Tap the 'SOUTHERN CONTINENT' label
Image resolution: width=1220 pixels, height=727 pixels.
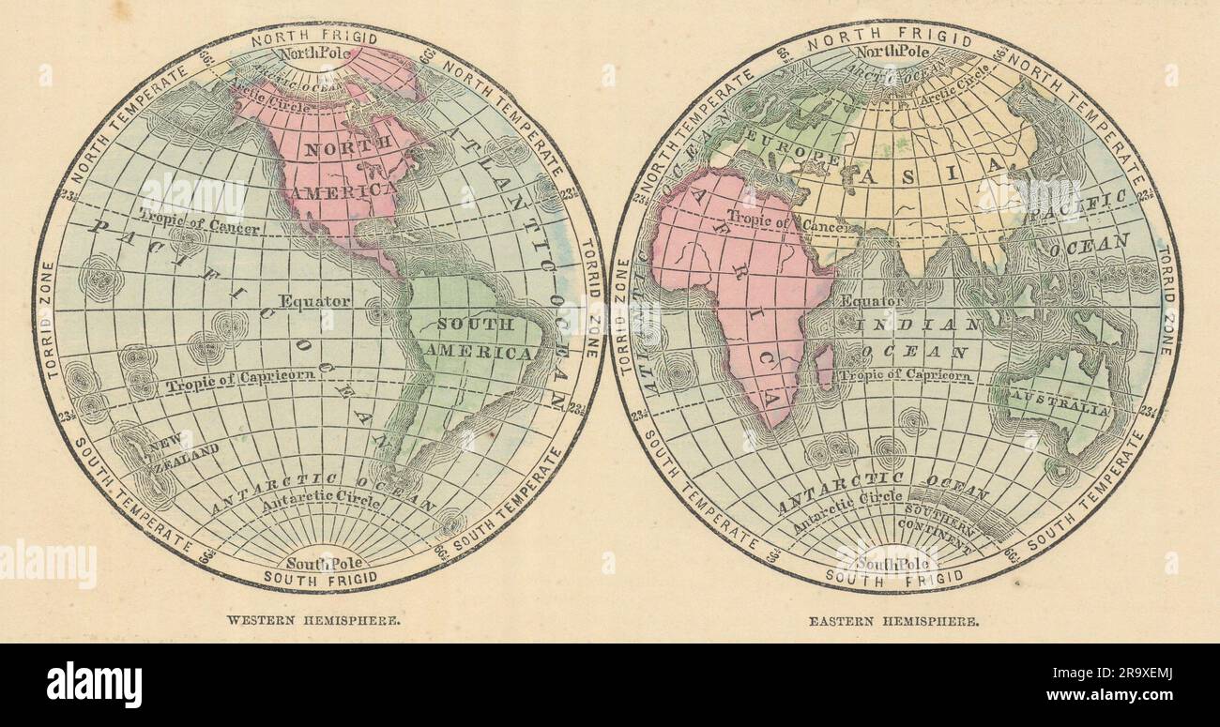(x=935, y=533)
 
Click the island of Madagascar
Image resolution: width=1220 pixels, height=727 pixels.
(x=824, y=366)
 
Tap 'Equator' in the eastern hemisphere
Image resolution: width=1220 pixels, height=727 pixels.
(x=872, y=301)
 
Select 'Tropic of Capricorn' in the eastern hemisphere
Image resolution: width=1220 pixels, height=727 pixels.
(x=905, y=375)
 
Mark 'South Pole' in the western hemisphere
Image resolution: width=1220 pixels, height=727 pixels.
(x=320, y=563)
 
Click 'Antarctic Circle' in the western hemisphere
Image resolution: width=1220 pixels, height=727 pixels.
(x=321, y=504)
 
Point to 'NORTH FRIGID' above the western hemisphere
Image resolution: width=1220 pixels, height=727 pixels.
(x=314, y=38)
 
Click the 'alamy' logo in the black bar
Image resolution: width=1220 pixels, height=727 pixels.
(x=94, y=684)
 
